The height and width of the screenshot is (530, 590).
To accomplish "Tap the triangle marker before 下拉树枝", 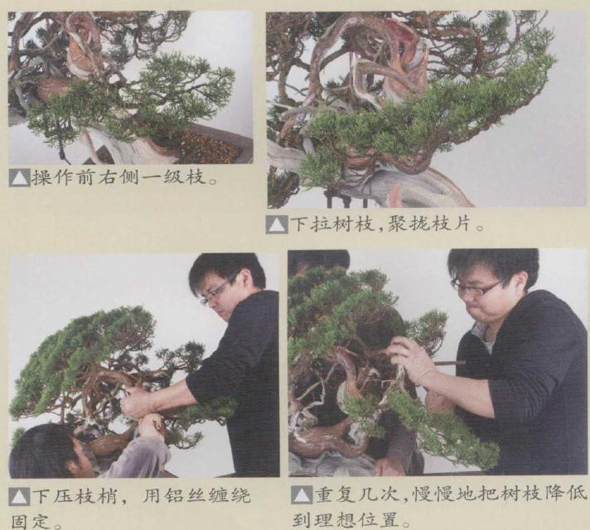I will pos(278,224).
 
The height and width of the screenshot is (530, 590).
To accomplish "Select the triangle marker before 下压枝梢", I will pos(18,497).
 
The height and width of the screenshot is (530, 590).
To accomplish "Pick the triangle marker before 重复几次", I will pos(299,497).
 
